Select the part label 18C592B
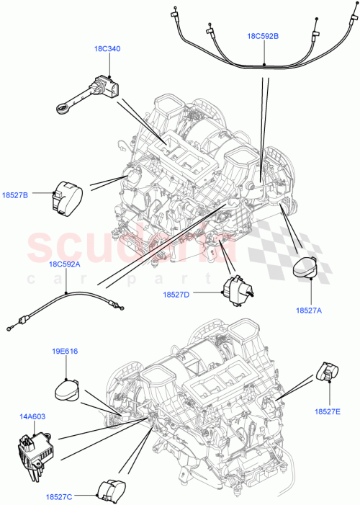[264, 35]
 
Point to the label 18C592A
[64, 264]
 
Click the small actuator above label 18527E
[328, 372]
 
